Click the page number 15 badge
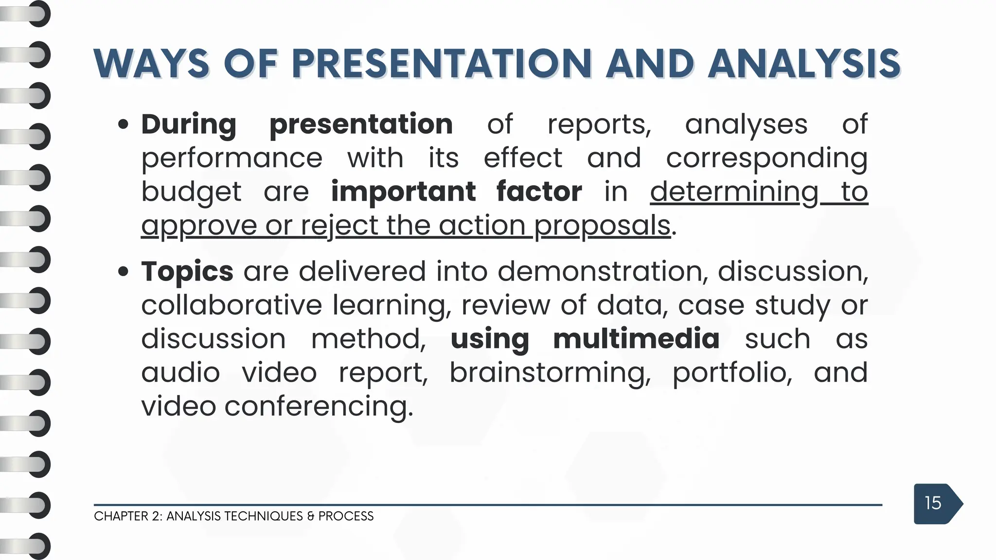tap(933, 503)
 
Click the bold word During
tap(189, 124)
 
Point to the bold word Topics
tap(187, 271)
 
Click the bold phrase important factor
tap(456, 192)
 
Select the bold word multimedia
tap(636, 339)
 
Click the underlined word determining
tap(734, 192)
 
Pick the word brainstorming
tap(550, 373)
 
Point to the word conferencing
tap(319, 406)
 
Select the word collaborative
tap(231, 305)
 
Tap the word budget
tap(191, 192)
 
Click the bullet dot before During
tap(123, 125)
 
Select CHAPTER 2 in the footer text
tap(127, 516)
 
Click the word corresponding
tap(766, 158)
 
